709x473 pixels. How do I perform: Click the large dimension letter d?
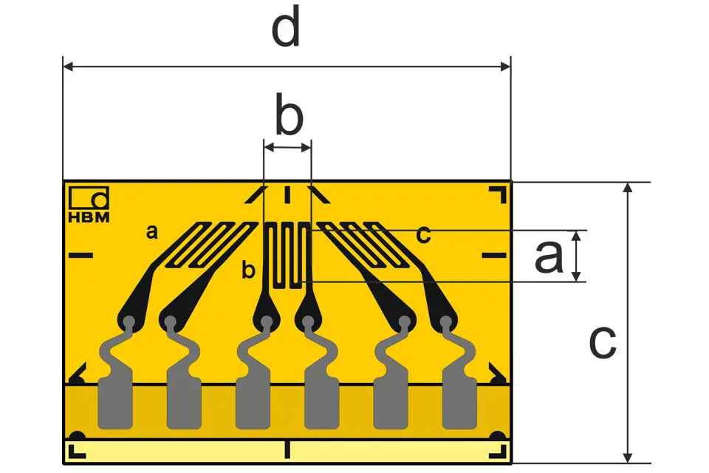(286, 27)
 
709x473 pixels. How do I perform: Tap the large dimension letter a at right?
(549, 256)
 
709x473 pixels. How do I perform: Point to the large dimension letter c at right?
(603, 341)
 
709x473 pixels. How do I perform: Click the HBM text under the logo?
(89, 217)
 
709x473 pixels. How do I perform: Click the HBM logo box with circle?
(89, 198)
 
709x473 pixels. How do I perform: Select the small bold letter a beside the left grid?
(152, 232)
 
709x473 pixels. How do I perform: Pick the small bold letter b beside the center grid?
(248, 270)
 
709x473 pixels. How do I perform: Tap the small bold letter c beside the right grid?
(423, 235)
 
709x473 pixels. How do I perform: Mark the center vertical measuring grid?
(287, 255)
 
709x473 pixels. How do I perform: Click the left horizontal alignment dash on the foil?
(81, 255)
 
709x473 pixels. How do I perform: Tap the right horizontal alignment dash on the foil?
(494, 255)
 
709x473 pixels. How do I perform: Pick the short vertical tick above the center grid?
(287, 194)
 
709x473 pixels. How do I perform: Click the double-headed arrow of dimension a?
(576, 256)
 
